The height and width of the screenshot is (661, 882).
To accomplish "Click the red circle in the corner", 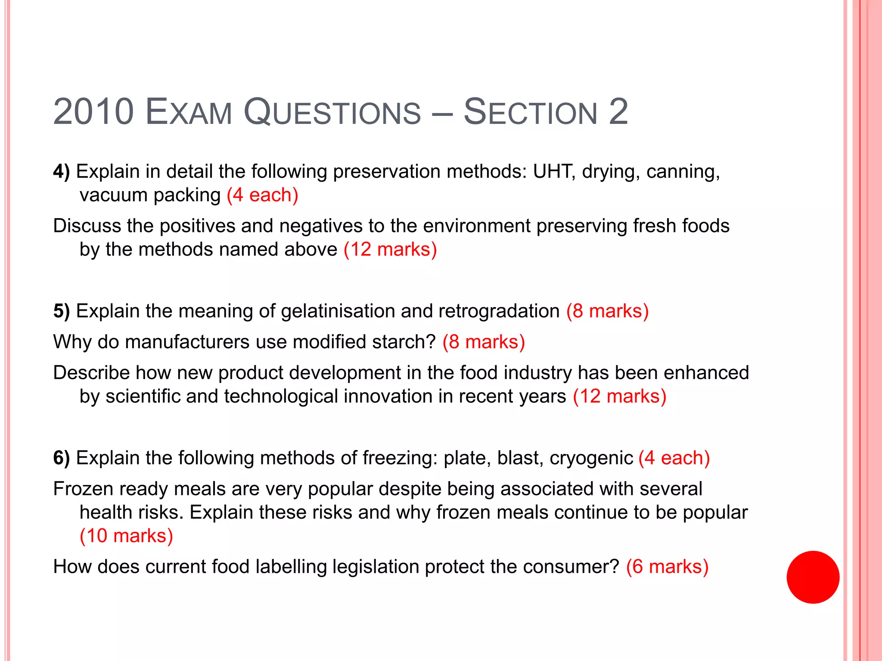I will click(813, 577).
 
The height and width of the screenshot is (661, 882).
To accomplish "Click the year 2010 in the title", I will click(93, 112).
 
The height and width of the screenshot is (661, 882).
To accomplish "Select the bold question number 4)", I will click(61, 171).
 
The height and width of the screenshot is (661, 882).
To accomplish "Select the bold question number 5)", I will click(61, 311).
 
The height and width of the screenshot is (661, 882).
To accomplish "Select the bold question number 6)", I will click(61, 457).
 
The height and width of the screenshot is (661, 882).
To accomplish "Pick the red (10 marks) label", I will click(126, 536).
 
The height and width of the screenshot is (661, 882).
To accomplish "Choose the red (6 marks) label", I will click(667, 567).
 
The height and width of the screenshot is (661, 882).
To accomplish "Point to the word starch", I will click(404, 342).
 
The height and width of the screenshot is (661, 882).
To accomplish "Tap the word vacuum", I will click(113, 195).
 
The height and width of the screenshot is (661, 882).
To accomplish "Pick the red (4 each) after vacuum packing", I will click(262, 195).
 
